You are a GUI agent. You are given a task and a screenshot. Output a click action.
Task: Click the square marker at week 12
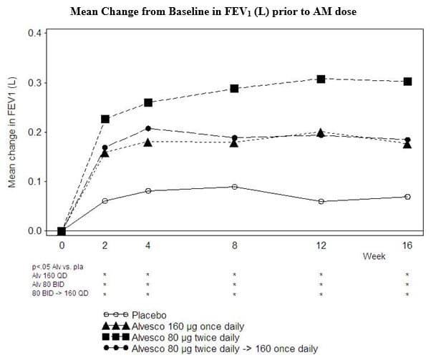[x=321, y=79]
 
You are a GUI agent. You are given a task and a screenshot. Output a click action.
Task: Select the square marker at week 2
[x=105, y=120]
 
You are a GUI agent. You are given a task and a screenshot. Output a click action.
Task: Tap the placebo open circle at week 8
[x=234, y=187]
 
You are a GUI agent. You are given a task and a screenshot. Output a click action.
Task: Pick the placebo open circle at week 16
[x=407, y=197]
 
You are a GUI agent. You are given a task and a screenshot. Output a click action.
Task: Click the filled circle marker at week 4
[x=148, y=128]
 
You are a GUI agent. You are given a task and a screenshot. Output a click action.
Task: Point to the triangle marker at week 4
[x=148, y=142]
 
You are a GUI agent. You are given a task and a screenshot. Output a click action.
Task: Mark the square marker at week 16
[x=407, y=82]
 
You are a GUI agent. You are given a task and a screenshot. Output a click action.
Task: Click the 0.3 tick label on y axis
[x=34, y=82]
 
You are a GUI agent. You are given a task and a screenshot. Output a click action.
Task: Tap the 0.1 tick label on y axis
[x=34, y=182]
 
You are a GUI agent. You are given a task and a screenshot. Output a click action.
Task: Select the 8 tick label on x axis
[x=234, y=245]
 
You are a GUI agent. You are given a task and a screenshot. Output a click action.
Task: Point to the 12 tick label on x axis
[x=321, y=245]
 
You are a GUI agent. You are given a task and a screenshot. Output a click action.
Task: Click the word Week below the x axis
[x=374, y=256]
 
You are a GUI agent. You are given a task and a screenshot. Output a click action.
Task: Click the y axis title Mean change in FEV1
[x=12, y=132]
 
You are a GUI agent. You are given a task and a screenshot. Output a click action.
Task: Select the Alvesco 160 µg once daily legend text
[x=188, y=326]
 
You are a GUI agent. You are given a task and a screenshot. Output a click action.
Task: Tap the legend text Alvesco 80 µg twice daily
[x=185, y=338]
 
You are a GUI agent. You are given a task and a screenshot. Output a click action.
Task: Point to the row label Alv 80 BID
[x=48, y=285]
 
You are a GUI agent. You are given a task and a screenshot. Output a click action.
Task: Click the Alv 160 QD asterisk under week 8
[x=234, y=275]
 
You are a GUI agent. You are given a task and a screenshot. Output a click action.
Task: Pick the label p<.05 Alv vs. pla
[x=57, y=267]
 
